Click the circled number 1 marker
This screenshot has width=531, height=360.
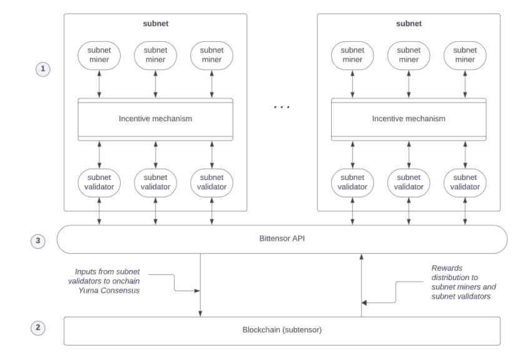pos(42,69)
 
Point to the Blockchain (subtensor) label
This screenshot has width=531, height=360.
pos(282,331)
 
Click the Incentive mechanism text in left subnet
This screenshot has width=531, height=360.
pos(156,119)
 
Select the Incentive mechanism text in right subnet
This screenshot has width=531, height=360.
pos(409,119)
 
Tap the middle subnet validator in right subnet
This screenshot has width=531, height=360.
pos(409,182)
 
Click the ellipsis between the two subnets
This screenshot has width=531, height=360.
pos(282,107)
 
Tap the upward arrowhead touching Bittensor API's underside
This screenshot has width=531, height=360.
pos(361,257)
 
